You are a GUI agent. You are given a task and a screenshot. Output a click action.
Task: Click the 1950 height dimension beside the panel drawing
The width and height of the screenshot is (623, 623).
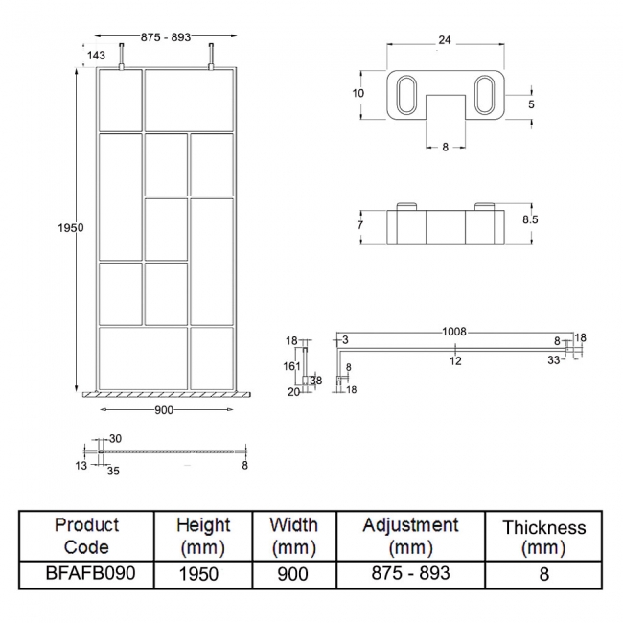[71, 227]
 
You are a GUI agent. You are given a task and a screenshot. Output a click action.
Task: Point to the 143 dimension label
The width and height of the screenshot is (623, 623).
[96, 57]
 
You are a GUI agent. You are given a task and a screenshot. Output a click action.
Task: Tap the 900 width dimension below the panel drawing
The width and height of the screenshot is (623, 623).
[163, 410]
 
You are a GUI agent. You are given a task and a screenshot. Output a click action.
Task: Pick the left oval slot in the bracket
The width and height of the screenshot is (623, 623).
[404, 98]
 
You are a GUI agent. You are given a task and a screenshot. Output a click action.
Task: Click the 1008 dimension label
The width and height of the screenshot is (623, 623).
[454, 332]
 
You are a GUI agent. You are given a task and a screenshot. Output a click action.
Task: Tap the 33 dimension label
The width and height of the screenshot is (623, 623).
[554, 360]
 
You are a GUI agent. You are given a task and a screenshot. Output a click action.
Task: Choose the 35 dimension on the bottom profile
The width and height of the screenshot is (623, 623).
[114, 471]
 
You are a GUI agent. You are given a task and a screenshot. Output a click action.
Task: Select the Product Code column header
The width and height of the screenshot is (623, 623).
[87, 536]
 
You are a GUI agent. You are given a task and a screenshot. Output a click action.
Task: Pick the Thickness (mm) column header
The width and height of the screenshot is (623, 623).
[543, 537]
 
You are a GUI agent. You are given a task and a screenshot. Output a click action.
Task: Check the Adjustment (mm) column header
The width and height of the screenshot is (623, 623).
[410, 536]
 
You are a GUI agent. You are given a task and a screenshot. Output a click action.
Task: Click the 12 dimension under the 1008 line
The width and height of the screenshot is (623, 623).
[457, 360]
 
